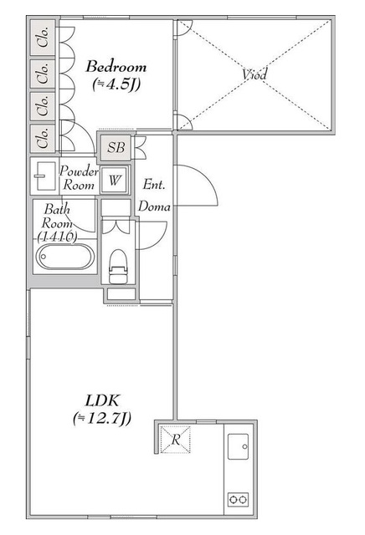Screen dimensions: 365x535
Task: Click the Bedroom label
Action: [x=116, y=66]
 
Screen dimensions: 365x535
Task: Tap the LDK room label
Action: [x=102, y=400]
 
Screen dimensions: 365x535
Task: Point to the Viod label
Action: [x=254, y=74]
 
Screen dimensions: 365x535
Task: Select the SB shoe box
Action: [x=116, y=147]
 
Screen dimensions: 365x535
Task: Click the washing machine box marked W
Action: [x=115, y=180]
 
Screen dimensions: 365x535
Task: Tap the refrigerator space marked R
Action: [x=175, y=439]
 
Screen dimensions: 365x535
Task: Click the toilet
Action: [x=118, y=267]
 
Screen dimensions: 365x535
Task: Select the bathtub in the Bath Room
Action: [x=65, y=257]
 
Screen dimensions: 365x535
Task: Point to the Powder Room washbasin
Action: [x=45, y=176]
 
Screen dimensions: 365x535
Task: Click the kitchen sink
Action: [x=238, y=446]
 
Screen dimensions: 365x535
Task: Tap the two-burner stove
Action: [x=238, y=500]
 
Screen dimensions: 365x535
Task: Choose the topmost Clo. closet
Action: [x=43, y=38]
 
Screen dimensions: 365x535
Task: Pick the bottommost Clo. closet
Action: [x=43, y=138]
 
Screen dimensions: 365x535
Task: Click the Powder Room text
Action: [x=79, y=177]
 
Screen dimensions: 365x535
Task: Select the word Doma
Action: [x=154, y=206]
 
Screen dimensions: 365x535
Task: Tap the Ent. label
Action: [x=154, y=184]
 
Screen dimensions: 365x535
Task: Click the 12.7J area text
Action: [x=102, y=418]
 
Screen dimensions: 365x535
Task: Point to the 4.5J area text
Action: [x=116, y=84]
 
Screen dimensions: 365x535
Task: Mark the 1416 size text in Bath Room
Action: [x=58, y=236]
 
